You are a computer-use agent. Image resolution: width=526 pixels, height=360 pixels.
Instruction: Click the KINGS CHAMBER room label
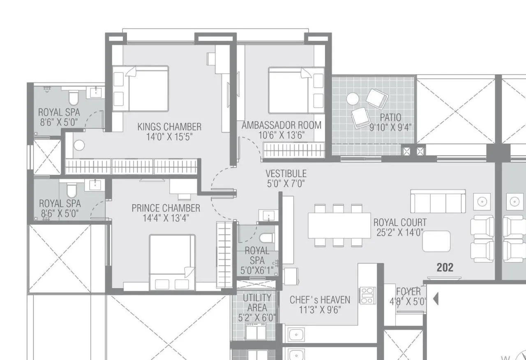pos(169,127)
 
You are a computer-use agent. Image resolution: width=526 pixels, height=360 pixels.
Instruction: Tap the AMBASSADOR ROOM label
pos(281,125)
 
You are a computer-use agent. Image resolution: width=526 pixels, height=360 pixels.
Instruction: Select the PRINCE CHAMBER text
pos(166,208)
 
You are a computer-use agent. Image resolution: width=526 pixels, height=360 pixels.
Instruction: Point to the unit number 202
pos(445,268)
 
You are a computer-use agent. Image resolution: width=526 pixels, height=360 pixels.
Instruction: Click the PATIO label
pos(390,118)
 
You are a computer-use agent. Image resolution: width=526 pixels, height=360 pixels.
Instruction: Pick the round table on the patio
pos(353,99)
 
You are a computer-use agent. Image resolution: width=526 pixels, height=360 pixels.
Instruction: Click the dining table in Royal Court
pos(339,225)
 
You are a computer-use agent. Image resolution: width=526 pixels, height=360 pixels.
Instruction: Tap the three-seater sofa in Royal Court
pos(438,201)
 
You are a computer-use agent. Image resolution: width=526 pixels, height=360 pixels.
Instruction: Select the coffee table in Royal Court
pos(436,241)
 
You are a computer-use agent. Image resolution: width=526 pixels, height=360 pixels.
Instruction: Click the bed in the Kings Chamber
pos(141,88)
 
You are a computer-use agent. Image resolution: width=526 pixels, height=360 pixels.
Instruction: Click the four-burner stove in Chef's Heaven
pos(367,295)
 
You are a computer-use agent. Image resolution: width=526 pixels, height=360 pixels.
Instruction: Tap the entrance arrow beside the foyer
pos(436,298)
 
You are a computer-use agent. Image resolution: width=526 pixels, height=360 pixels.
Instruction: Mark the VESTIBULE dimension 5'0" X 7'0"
pos(286,183)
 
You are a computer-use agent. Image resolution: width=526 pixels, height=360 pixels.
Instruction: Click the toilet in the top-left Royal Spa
pos(74,98)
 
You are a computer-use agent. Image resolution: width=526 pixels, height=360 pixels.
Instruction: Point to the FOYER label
pos(408,292)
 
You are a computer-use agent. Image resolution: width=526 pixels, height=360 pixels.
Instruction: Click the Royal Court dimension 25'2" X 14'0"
pos(400,233)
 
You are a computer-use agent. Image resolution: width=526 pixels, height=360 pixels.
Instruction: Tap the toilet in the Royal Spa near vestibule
pos(267,238)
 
